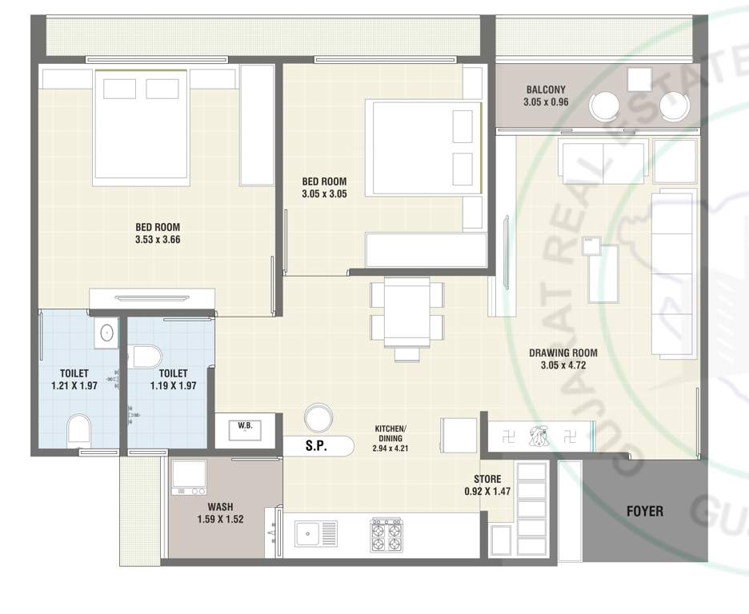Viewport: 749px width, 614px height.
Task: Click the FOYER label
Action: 645,510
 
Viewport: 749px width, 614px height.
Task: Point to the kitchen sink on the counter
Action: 316,533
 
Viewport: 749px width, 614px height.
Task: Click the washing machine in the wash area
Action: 190,477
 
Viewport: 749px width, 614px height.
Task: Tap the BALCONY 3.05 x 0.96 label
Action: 545,96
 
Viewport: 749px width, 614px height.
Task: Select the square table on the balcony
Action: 639,80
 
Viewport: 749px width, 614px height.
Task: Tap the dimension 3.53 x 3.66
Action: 157,238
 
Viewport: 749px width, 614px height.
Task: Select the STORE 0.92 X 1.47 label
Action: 487,485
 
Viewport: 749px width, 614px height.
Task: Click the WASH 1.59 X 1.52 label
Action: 220,512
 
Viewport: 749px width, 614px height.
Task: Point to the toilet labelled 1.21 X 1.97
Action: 74,379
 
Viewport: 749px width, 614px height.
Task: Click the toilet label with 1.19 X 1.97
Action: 173,379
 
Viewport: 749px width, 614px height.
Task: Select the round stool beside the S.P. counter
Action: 318,417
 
